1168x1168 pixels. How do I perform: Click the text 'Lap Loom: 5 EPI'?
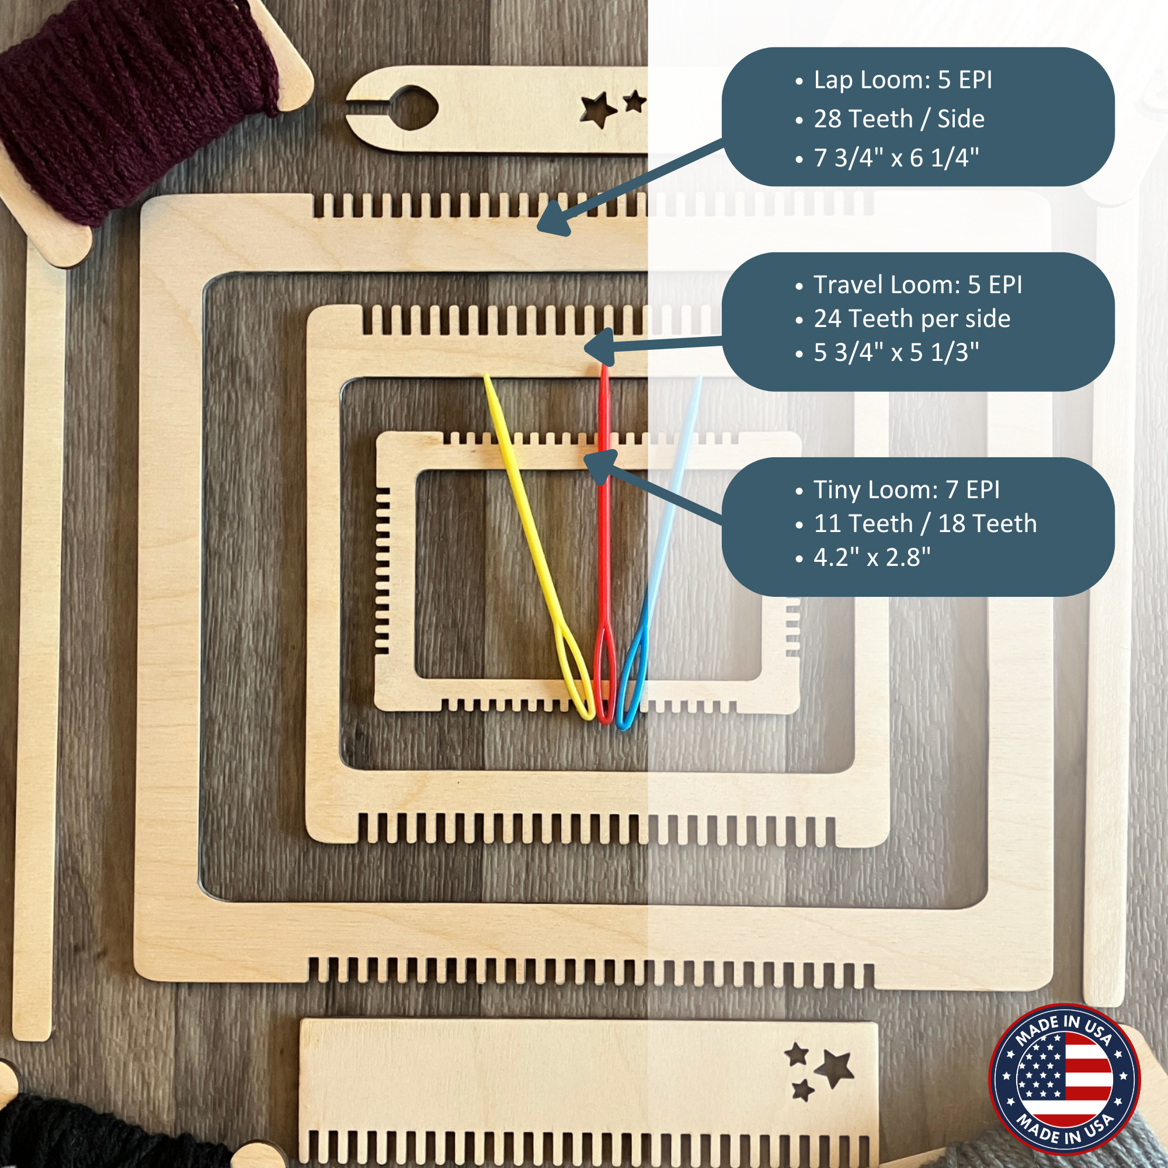click(903, 80)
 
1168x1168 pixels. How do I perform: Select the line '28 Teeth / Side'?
click(899, 119)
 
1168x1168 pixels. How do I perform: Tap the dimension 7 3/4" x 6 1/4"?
click(896, 158)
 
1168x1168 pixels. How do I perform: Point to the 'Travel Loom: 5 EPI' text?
click(917, 285)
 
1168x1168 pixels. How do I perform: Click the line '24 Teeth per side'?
click(912, 319)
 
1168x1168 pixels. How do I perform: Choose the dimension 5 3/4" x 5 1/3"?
click(896, 353)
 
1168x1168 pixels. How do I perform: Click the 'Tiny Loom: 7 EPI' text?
click(906, 490)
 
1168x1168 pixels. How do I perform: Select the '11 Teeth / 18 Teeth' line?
click(925, 523)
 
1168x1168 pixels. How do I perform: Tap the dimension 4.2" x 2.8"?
click(872, 557)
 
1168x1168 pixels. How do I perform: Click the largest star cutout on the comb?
click(836, 1069)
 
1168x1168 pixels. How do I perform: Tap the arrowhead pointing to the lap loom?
click(553, 222)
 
